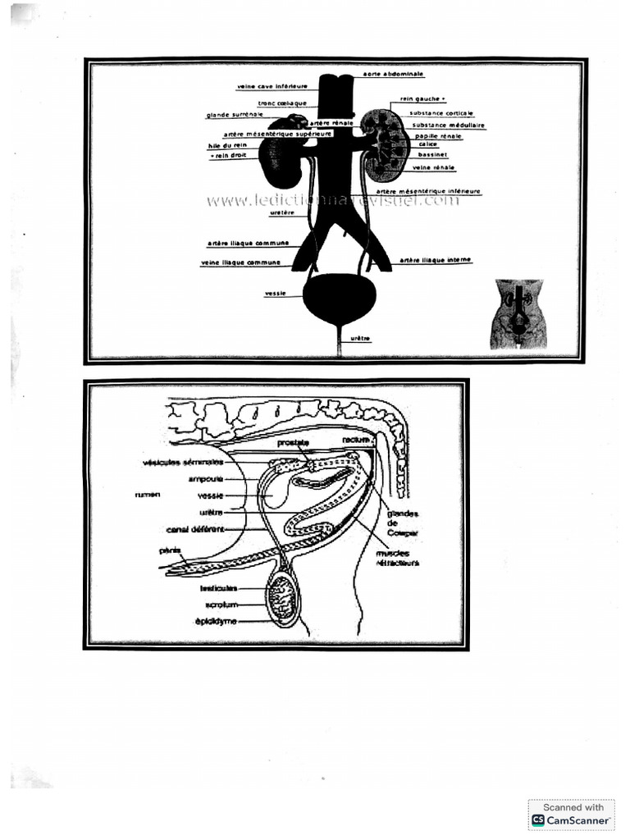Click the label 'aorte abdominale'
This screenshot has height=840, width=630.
394,74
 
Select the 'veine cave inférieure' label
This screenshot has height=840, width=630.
272,85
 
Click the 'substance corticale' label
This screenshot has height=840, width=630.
442,113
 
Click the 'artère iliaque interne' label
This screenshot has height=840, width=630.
436,260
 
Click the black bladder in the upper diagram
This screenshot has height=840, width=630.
340,296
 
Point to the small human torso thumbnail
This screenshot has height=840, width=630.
519,314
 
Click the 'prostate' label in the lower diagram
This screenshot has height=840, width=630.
292,443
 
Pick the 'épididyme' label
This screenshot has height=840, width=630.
216,621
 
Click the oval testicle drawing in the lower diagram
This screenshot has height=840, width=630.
285,597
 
